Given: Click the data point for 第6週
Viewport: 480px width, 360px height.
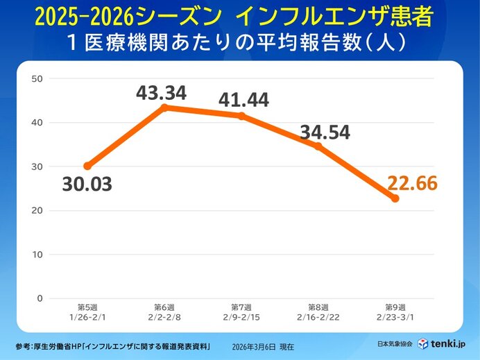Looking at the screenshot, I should (x=164, y=108).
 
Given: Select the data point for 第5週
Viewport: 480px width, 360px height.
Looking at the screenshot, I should (x=87, y=166).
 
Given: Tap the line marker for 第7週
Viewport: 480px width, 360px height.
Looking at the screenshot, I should (x=241, y=116).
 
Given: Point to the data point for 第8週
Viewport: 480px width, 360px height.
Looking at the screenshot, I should (x=318, y=146).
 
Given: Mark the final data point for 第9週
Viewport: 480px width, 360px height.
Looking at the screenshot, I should (x=395, y=198).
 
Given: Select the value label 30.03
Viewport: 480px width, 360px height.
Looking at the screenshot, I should (x=87, y=185).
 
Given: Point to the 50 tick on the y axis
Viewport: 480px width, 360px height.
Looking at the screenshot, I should (x=37, y=78).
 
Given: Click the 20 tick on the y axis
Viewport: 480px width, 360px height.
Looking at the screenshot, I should (x=37, y=210).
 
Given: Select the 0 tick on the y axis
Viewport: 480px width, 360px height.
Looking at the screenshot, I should (x=40, y=298).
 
